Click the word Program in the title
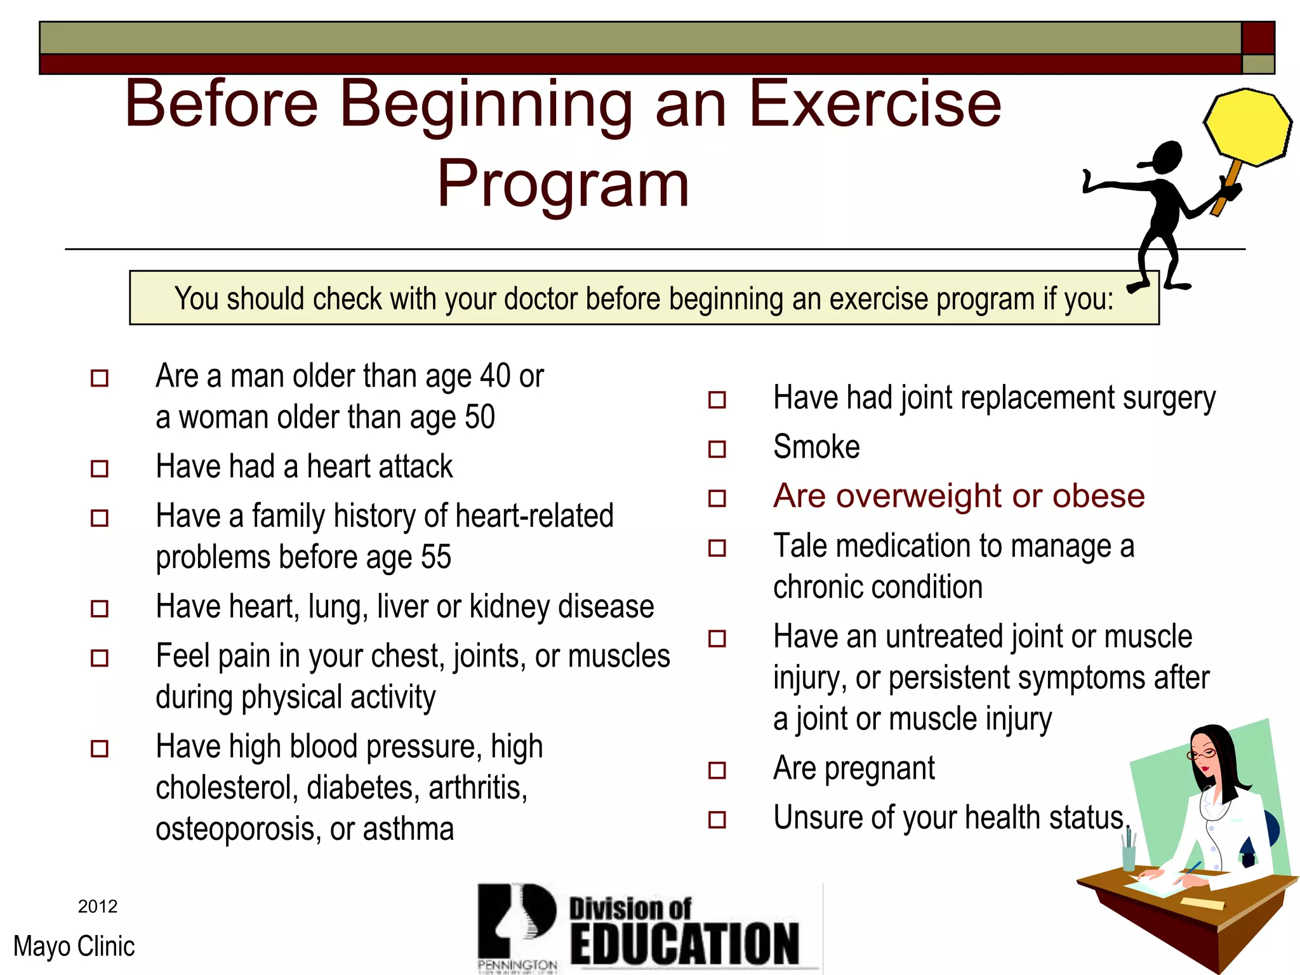(563, 184)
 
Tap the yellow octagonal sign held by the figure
(1247, 128)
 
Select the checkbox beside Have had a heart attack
(100, 469)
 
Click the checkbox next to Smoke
(717, 449)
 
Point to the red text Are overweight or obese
(958, 496)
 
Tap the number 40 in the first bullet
(495, 376)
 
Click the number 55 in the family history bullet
(435, 557)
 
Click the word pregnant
(879, 769)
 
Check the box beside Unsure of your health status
(717, 819)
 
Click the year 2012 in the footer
(98, 906)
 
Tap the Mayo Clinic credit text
(74, 946)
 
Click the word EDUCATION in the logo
(684, 944)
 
